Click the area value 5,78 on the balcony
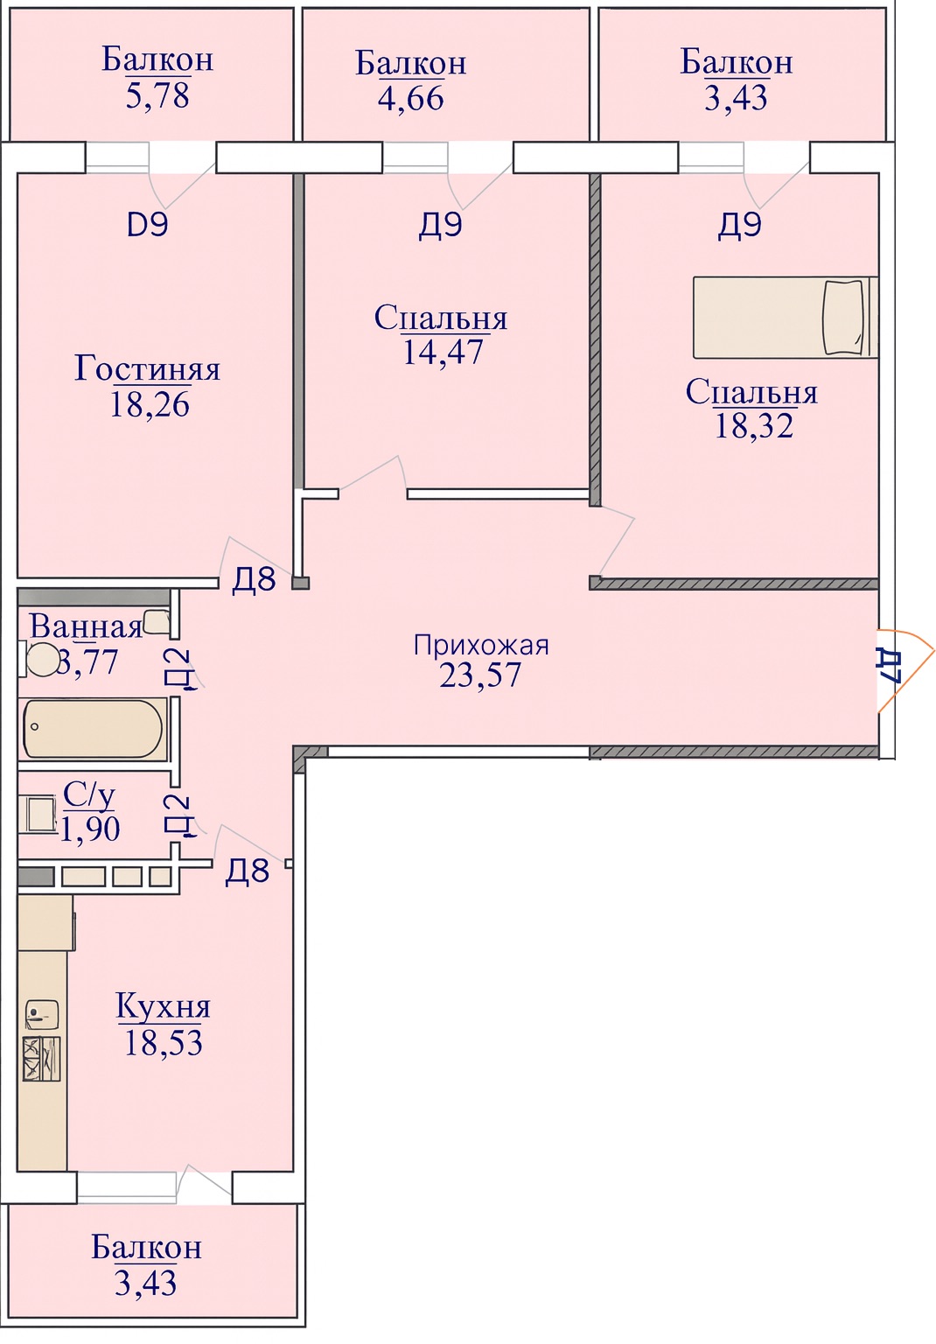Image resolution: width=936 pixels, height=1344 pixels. click(157, 95)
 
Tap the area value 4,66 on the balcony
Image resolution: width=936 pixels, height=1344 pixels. click(411, 98)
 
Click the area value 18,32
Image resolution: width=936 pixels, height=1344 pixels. click(753, 425)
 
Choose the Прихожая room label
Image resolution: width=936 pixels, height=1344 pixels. click(481, 646)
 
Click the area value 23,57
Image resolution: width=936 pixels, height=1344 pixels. click(480, 675)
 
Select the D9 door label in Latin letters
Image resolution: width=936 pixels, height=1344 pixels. click(148, 225)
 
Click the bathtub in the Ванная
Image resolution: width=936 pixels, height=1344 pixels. click(93, 728)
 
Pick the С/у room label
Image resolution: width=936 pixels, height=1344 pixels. click(89, 795)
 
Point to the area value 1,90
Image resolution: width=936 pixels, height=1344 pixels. click(90, 829)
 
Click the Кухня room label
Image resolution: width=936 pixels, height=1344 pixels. click(164, 1006)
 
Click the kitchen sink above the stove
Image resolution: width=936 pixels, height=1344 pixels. click(41, 1015)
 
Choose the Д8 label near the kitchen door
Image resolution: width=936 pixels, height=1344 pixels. click(248, 871)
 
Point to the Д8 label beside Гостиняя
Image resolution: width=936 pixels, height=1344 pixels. click(254, 579)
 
